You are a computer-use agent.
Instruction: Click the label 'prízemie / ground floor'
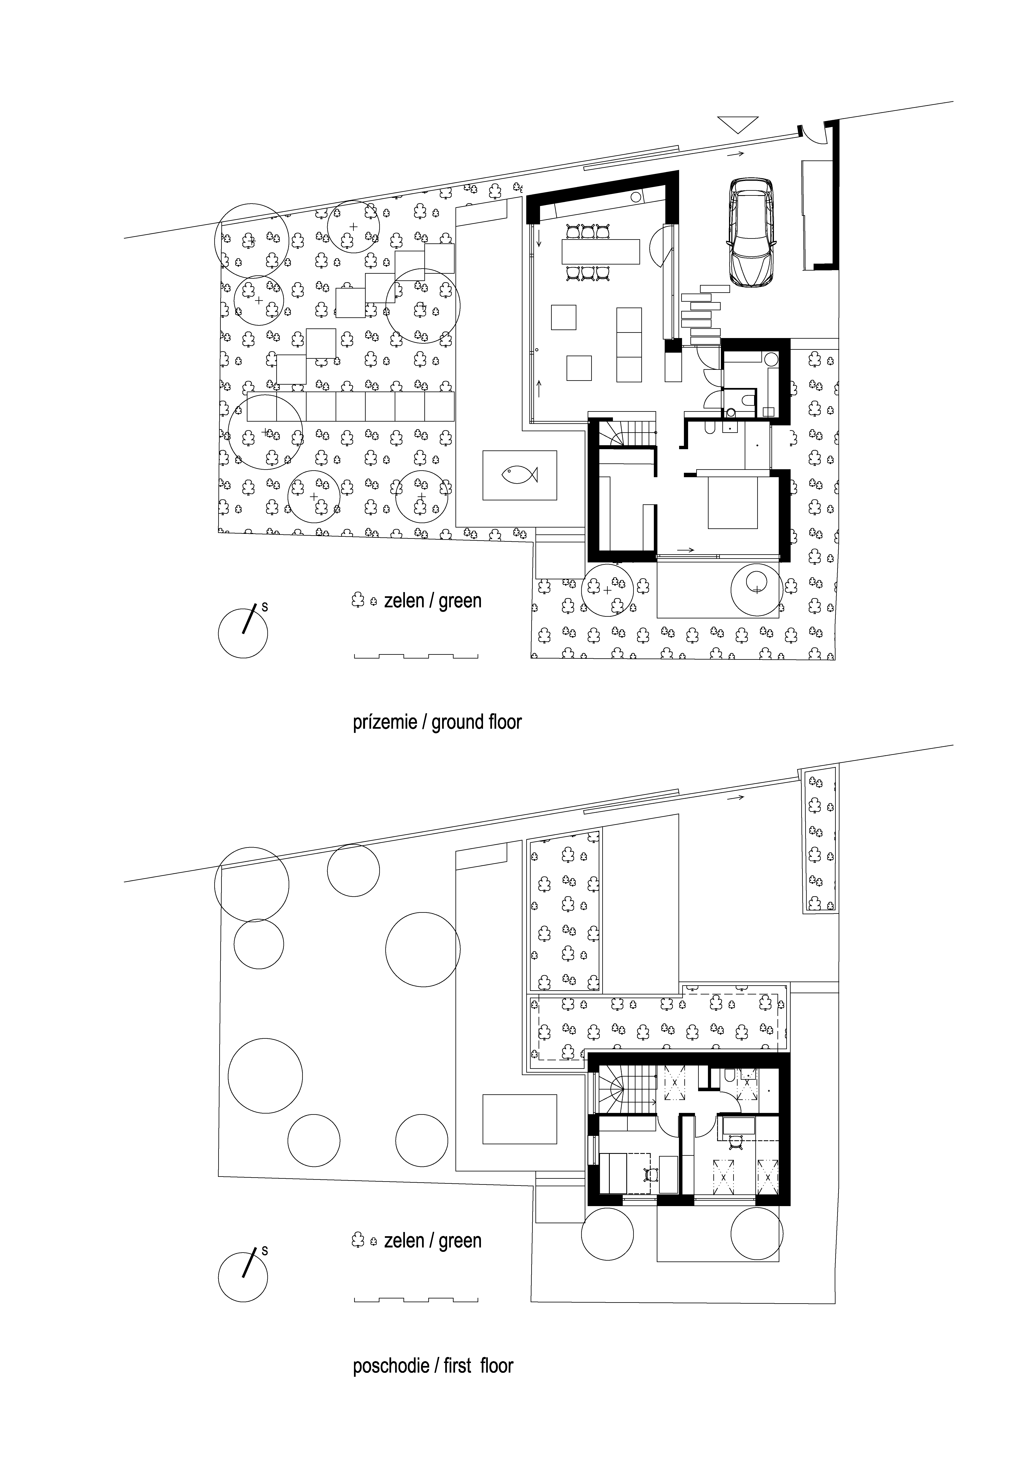[437, 722]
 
